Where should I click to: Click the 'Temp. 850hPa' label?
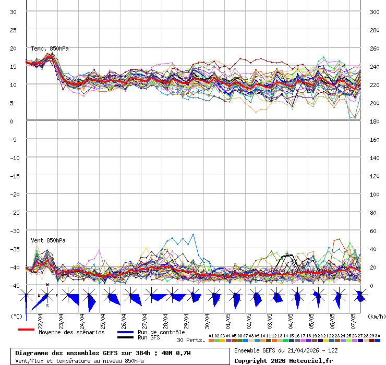click(50, 48)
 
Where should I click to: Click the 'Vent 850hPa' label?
click(44, 240)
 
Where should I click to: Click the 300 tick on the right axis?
click(375, 11)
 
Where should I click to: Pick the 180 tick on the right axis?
click(375, 121)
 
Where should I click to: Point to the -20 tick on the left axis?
click(15, 194)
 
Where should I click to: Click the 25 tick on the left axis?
click(14, 30)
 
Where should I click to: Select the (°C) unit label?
click(17, 316)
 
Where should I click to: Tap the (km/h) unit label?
click(376, 316)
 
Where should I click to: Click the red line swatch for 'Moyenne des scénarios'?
click(26, 330)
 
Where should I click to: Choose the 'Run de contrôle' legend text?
click(161, 332)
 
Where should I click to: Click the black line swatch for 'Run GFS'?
click(125, 337)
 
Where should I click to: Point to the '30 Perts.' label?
click(191, 340)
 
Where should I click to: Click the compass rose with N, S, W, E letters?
click(47, 295)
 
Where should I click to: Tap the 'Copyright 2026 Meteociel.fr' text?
click(283, 360)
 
